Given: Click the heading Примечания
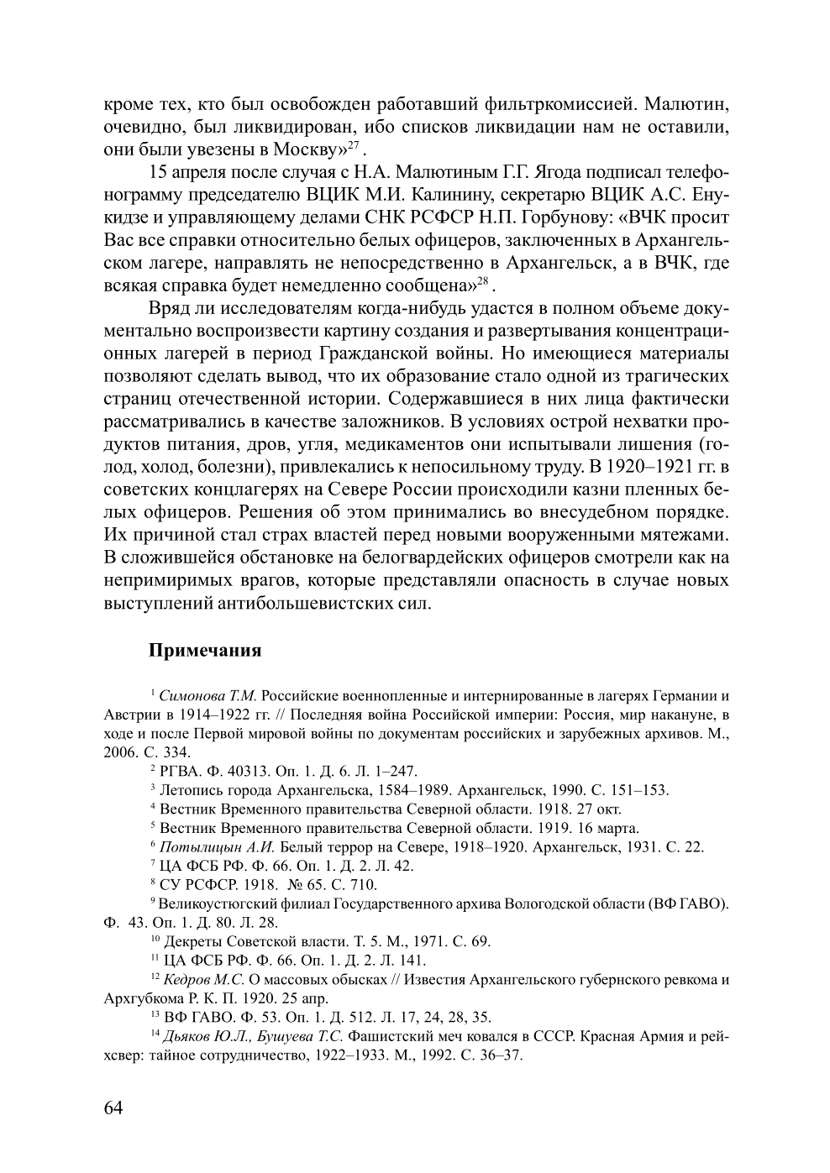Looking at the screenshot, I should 205,651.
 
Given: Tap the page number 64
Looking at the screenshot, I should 113,1108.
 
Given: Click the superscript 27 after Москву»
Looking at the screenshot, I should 354,146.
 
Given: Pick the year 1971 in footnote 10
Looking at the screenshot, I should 428,942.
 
